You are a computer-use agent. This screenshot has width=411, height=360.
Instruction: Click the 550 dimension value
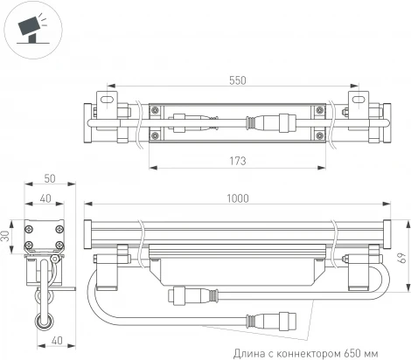click(238, 80)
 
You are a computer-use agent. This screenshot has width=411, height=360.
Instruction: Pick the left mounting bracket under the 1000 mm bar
click(112, 269)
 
